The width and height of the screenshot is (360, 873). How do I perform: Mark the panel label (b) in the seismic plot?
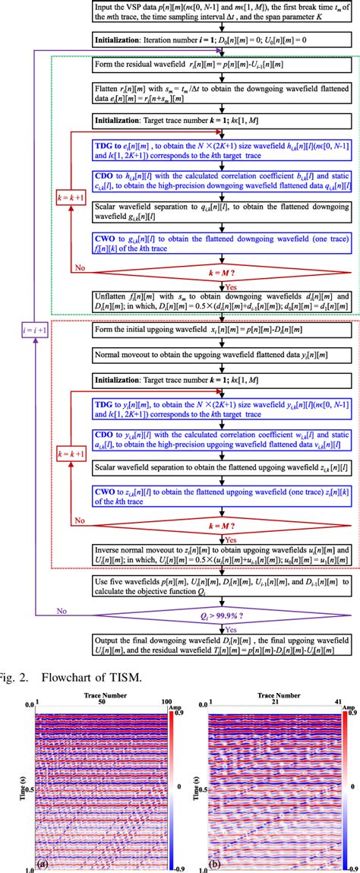pos(215,863)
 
